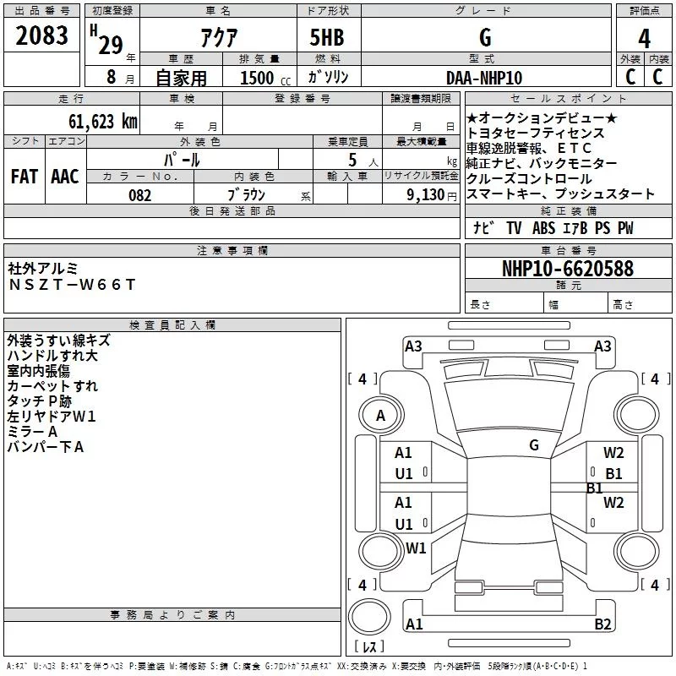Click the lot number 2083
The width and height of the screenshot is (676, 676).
click(x=41, y=37)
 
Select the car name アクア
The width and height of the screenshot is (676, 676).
click(x=218, y=38)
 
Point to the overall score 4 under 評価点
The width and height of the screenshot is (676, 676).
click(x=645, y=38)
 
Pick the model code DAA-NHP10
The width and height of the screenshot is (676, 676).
click(x=484, y=77)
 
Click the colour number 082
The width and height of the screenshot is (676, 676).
click(x=139, y=195)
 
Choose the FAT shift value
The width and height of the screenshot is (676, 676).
click(x=24, y=177)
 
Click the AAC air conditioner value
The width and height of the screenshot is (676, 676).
click(x=65, y=177)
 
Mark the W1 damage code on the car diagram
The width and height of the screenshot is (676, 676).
click(x=416, y=548)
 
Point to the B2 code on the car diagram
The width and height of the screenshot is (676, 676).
click(x=602, y=624)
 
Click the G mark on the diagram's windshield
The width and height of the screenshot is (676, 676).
click(x=533, y=444)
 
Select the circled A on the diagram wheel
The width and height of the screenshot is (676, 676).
click(x=380, y=416)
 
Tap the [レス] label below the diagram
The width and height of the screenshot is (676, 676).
click(x=369, y=648)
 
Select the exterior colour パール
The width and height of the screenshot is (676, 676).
click(x=182, y=159)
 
